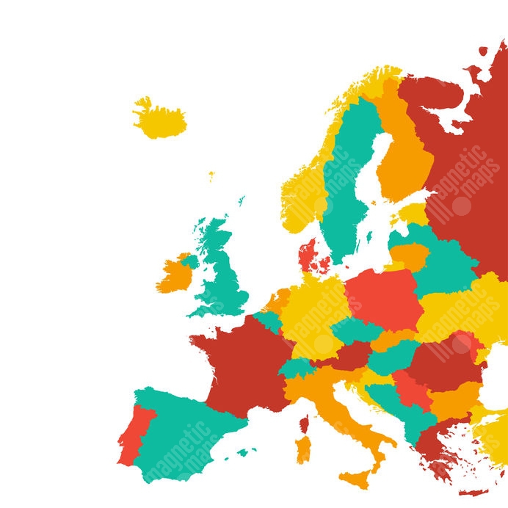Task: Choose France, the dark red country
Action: (x=242, y=367)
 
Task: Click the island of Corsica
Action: (x=304, y=424)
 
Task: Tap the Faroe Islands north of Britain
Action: (x=211, y=176)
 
